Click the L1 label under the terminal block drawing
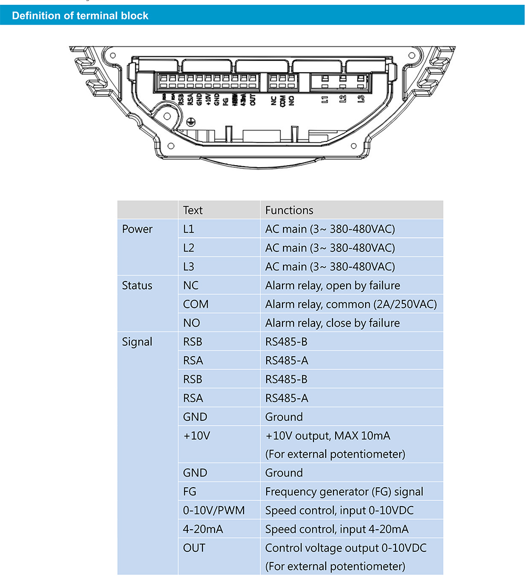click(x=326, y=99)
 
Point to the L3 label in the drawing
click(x=361, y=99)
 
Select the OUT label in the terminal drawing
click(x=253, y=100)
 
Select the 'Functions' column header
click(x=289, y=210)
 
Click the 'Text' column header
click(x=193, y=210)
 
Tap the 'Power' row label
click(x=137, y=229)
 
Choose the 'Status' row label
click(x=137, y=286)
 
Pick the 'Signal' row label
click(x=137, y=342)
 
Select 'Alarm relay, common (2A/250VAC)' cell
click(x=351, y=304)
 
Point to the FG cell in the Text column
click(x=189, y=492)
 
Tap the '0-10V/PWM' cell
click(x=214, y=510)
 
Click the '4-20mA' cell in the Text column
click(x=203, y=529)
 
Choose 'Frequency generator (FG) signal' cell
click(x=344, y=492)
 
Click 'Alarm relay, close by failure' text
click(x=332, y=323)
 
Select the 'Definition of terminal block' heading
click(x=80, y=16)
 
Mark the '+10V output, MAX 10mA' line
click(x=328, y=436)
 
